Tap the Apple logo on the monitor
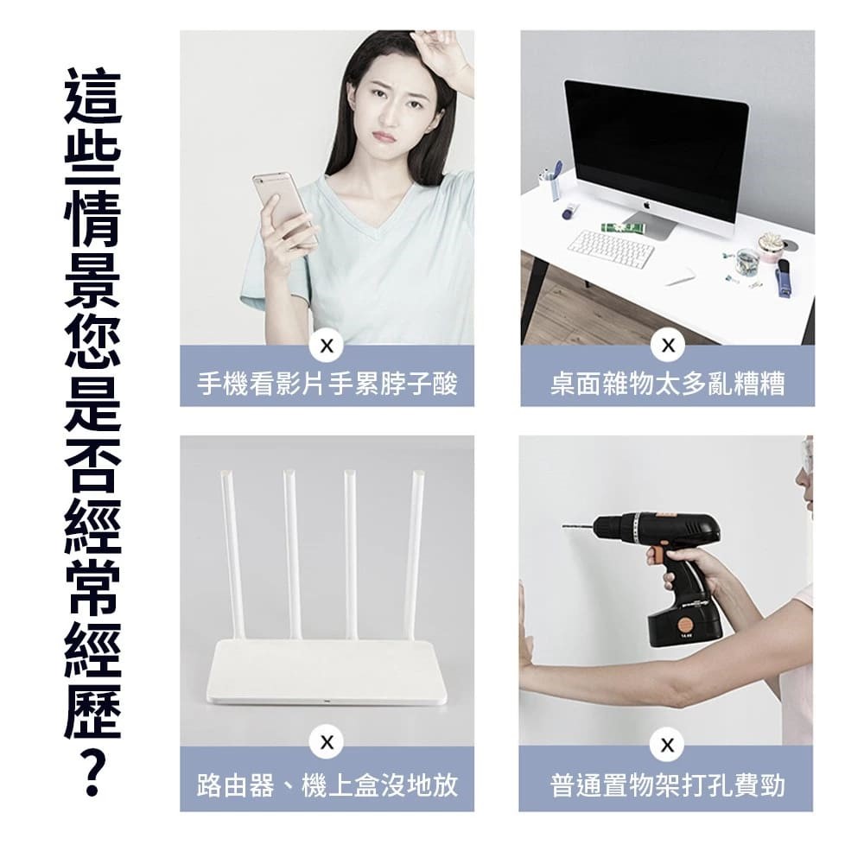point(646,206)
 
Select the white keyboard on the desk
point(611,249)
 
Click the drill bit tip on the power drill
point(564,527)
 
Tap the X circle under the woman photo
point(327,346)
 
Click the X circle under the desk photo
point(668,346)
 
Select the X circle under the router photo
point(327,742)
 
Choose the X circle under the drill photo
point(667,745)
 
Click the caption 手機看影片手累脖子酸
point(327,384)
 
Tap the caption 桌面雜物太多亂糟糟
point(668,384)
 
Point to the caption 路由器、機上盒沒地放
point(327,785)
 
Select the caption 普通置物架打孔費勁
point(667,785)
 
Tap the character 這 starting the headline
point(92,96)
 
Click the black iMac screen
point(657,148)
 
